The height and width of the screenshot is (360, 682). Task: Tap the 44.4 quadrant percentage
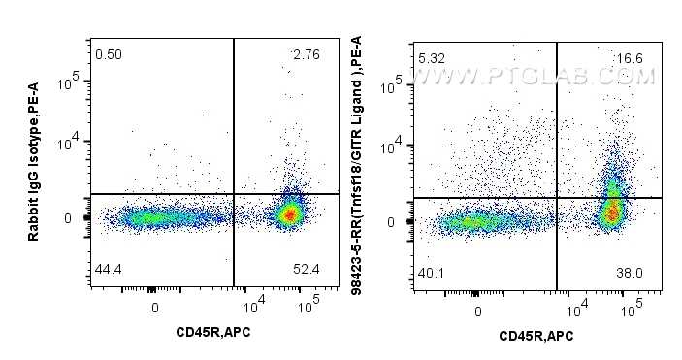pos(109,268)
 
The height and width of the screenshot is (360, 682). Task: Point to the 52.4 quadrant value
pos(305,268)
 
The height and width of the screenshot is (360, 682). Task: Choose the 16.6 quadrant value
pos(629,59)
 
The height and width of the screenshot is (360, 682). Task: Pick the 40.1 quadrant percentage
pos(431,273)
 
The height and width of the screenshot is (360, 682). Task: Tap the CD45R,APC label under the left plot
pos(211,333)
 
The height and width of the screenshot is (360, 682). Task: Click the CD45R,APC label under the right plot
pos(536,336)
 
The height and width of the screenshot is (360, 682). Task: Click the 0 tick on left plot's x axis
pos(155,308)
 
